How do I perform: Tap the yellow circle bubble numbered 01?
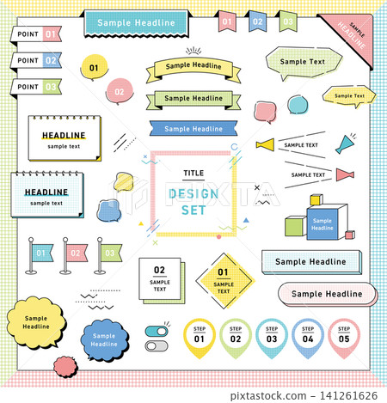point(94,67)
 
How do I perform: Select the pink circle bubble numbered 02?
point(120,92)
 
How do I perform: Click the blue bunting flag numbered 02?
point(257,21)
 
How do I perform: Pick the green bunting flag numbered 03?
point(288,21)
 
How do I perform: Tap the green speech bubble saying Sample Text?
point(304,63)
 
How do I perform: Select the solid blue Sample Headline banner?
point(193,129)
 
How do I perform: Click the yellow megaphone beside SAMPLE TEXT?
point(266,144)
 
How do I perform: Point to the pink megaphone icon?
point(345,174)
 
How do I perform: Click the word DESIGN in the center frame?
point(193,194)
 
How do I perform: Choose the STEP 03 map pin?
point(272,339)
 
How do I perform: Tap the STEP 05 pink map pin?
point(344,339)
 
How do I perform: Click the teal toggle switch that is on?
point(157,332)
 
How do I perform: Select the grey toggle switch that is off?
point(157,346)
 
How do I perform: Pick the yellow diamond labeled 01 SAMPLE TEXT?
point(225,281)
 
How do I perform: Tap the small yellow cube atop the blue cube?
point(316,199)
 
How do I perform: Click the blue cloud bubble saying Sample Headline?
point(104,339)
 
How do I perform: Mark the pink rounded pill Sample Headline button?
point(327,294)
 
